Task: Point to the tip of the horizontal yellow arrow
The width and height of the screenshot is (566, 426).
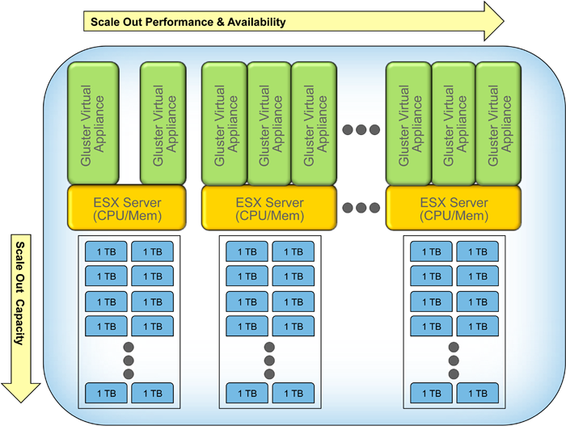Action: pyautogui.click(x=503, y=21)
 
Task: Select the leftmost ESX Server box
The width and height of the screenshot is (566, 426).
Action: pyautogui.click(x=127, y=208)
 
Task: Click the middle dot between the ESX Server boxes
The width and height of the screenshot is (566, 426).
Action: pyautogui.click(x=361, y=208)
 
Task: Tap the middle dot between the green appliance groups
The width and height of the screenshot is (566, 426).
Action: pyautogui.click(x=361, y=129)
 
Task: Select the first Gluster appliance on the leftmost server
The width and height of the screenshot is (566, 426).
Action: pyautogui.click(x=93, y=124)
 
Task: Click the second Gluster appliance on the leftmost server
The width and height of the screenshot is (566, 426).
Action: pyautogui.click(x=164, y=124)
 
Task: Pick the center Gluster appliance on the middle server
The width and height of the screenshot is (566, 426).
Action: pyautogui.click(x=269, y=124)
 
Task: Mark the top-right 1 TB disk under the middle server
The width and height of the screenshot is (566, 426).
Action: pyautogui.click(x=293, y=252)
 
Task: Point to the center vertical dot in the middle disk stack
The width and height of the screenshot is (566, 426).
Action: pyautogui.click(x=269, y=361)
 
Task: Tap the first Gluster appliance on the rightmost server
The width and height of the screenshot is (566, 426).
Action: pyautogui.click(x=408, y=124)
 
